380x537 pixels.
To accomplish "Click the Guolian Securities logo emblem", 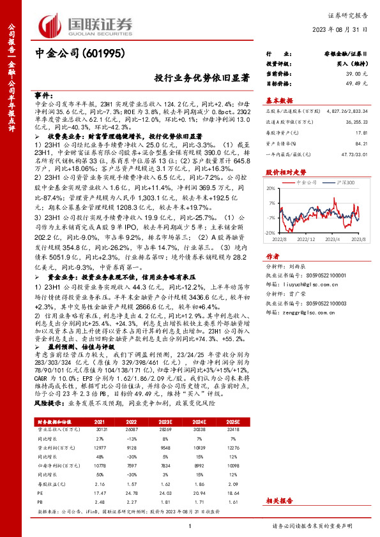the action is coord(52,25).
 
